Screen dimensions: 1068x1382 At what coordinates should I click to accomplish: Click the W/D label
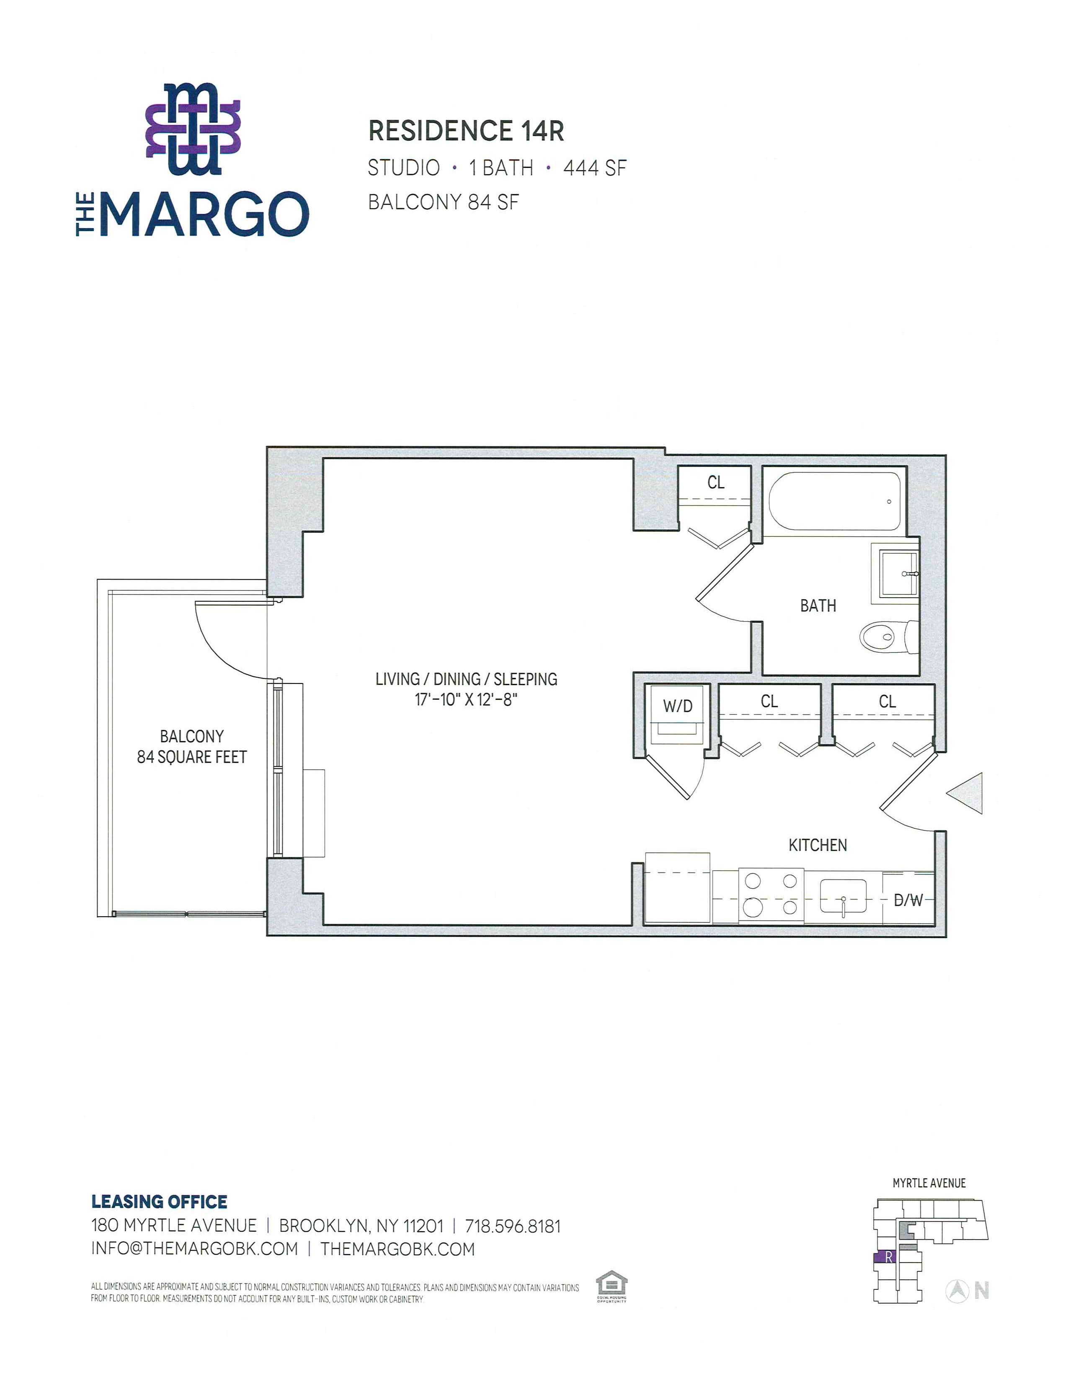click(678, 706)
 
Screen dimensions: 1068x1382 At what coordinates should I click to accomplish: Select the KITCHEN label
click(818, 845)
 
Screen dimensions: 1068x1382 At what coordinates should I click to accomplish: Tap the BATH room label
click(818, 606)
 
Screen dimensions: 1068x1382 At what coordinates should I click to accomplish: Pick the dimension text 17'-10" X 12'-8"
click(466, 700)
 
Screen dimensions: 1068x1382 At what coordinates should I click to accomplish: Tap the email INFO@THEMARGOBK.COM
click(194, 1249)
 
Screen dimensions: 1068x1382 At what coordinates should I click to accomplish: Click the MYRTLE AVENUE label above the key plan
click(929, 1183)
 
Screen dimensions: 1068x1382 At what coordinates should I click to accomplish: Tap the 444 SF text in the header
click(595, 168)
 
